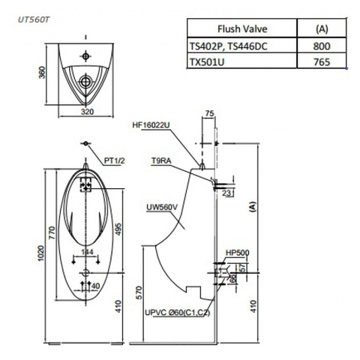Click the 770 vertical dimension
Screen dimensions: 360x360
click(53, 233)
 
